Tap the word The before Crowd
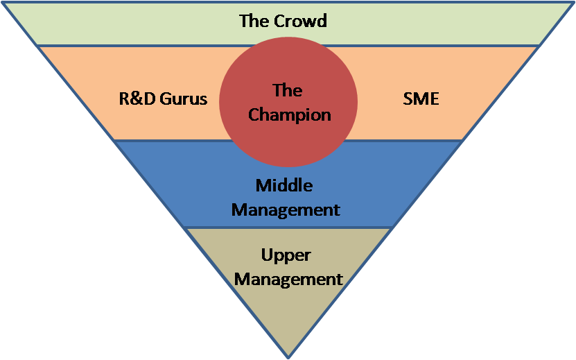253,21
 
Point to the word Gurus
184,98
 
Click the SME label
421,98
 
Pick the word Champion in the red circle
289,114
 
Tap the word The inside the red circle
288,90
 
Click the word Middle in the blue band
284,185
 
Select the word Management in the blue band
286,209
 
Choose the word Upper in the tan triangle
286,255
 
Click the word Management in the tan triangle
288,279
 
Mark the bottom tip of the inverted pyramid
288,357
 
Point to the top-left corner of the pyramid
3,2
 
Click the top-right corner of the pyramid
573,2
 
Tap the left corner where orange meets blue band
114,140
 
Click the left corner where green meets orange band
37,46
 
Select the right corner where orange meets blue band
462,140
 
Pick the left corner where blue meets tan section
184,228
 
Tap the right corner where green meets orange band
539,46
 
